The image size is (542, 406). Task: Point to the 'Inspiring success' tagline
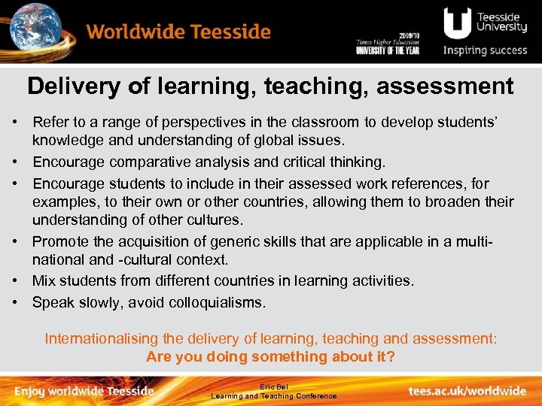486,51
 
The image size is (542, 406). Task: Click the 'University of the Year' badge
388,46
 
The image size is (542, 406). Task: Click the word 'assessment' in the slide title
445,86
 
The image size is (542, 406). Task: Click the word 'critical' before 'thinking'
300,162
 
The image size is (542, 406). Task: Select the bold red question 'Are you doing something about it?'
270,356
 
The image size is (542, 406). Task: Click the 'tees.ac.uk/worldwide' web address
467,391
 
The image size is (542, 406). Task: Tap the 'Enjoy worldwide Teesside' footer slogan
84,391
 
